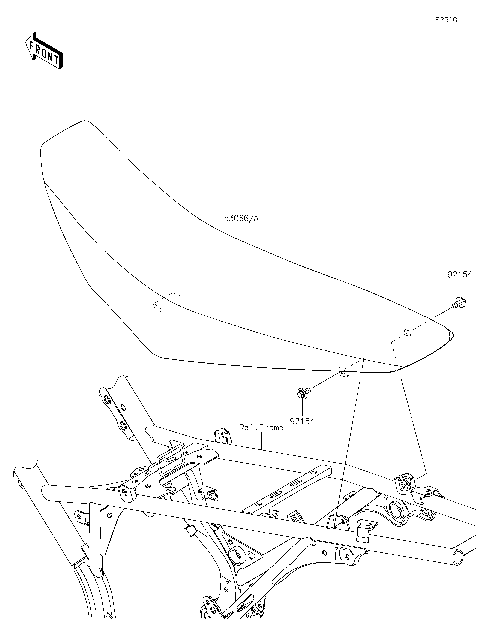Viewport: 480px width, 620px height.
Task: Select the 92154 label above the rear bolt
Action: [459, 272]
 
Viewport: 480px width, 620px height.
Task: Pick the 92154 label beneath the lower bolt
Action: [304, 421]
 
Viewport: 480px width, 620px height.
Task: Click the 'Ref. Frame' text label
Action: [261, 427]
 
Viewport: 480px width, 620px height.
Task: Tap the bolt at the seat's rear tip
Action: [458, 303]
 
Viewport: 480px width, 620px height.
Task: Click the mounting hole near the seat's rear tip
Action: [404, 333]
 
